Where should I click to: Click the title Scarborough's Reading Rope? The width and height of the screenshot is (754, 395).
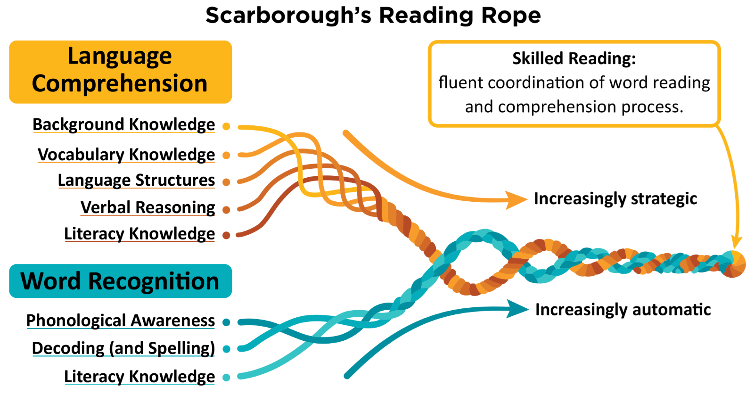click(x=373, y=16)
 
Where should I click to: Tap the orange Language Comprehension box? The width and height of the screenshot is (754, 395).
click(x=120, y=72)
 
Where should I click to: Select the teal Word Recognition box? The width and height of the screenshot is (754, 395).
click(x=120, y=281)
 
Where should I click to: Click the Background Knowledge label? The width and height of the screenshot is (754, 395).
click(x=123, y=124)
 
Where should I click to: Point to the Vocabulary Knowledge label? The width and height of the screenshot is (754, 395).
click(x=126, y=155)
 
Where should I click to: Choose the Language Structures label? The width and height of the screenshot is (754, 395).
click(x=136, y=180)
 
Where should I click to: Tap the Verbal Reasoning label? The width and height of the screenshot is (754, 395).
click(x=148, y=207)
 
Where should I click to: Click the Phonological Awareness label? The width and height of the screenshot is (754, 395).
click(x=121, y=321)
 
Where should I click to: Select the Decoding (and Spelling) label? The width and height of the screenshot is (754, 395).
click(x=123, y=348)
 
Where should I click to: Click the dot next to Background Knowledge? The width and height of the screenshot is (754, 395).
click(x=226, y=126)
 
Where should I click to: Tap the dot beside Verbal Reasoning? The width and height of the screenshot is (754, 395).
click(x=226, y=210)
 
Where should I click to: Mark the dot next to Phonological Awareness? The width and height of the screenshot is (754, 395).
click(x=226, y=322)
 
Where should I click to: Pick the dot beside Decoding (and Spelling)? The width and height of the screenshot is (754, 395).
click(x=226, y=349)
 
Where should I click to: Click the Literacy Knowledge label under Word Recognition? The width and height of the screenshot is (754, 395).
click(x=139, y=377)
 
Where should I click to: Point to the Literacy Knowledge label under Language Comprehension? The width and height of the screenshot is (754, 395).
click(x=139, y=234)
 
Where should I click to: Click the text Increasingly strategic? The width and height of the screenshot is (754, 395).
click(x=615, y=199)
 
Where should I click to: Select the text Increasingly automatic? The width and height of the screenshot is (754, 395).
click(x=623, y=310)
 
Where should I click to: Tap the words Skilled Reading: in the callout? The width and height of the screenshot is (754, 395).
click(x=574, y=58)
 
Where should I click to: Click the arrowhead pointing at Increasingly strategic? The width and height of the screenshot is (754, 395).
click(x=516, y=200)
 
